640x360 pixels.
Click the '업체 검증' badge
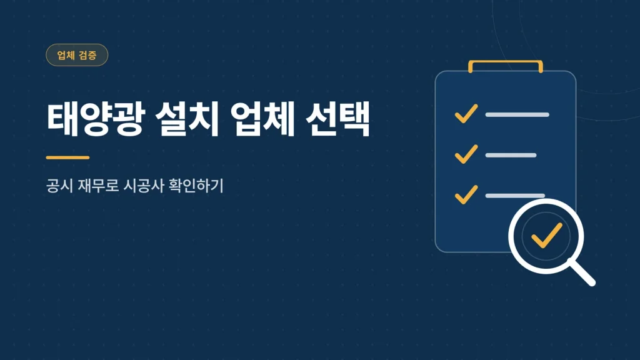77,55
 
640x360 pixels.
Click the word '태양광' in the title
96,119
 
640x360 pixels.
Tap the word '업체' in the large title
262,119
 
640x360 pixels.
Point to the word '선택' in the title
337,119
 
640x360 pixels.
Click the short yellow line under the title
67,157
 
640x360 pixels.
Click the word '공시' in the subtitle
59,186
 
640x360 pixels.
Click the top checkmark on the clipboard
466,114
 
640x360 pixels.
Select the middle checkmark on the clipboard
466,154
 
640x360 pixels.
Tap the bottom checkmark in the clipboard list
466,194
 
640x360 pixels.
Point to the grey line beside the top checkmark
517,115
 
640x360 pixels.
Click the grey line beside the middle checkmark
511,155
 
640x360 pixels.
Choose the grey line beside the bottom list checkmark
515,196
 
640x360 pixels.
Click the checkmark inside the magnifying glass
546,236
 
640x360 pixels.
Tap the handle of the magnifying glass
582,272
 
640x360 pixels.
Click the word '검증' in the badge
87,55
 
